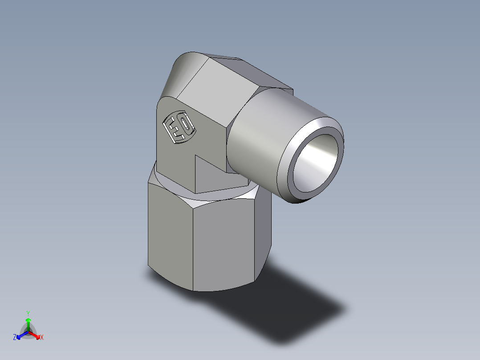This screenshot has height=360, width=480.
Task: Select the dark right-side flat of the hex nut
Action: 263,232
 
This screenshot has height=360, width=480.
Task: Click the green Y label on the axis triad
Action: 28,313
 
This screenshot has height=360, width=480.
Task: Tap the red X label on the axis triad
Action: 42,338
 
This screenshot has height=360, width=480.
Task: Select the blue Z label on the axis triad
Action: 15,338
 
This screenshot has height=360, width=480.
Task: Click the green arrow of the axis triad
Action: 28,323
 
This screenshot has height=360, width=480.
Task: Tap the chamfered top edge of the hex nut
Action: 223,200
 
